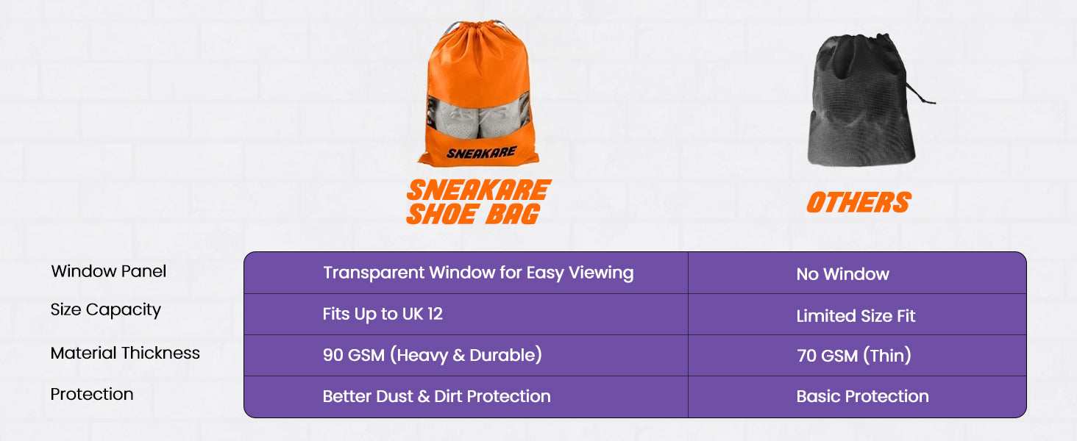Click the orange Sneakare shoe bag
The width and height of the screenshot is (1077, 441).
478,94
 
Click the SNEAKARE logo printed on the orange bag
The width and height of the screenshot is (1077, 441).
481,153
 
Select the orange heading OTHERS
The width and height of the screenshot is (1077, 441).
859,202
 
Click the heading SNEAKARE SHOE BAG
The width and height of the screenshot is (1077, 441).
479,202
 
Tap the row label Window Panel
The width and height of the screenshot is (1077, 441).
109,271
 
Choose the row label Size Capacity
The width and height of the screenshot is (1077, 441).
106,310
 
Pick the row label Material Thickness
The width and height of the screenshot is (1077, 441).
125,353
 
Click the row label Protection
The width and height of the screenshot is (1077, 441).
92,394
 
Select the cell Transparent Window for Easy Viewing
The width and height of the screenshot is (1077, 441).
478,273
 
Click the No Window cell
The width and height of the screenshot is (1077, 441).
843,274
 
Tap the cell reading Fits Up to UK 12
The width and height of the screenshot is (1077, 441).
383,314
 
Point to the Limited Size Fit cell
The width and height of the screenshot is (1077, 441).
856,315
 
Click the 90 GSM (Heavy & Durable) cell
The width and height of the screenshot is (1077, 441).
433,355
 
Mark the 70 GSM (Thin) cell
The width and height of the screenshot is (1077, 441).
854,356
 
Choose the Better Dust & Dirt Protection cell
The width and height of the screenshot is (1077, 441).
436,396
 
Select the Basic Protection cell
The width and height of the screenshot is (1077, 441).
863,396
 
